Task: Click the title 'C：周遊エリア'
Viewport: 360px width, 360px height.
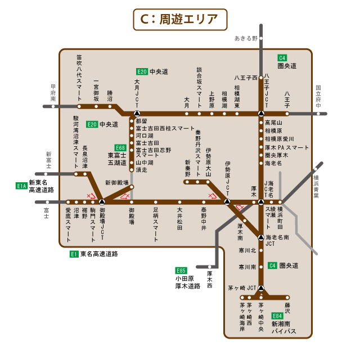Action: tap(179, 19)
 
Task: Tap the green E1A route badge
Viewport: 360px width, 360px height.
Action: tap(21, 185)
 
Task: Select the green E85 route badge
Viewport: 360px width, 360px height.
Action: tap(181, 269)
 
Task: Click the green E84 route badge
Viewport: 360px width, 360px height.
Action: tap(277, 316)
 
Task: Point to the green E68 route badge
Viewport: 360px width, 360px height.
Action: tap(120, 147)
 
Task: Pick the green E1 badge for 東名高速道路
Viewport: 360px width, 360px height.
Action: tap(73, 254)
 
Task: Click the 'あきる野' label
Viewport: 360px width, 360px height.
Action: tap(246, 38)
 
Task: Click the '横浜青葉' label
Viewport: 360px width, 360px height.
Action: tap(316, 187)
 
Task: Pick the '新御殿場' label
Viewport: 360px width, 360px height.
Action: tap(117, 183)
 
